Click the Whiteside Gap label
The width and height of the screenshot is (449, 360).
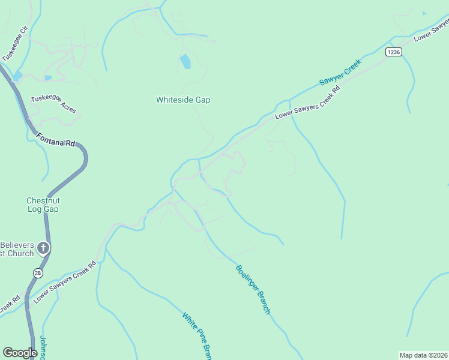point(183,100)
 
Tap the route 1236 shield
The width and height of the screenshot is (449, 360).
point(393,52)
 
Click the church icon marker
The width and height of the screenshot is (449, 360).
point(43,247)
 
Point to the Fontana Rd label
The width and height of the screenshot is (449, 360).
point(55,140)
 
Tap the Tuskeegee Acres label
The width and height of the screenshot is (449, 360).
point(54,104)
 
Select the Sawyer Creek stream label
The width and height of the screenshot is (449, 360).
point(340,71)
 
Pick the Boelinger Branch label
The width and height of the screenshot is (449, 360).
point(253,290)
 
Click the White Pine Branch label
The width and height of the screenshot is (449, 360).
point(197,336)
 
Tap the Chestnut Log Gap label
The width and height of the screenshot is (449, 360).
point(43,205)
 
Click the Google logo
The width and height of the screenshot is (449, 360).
point(20,353)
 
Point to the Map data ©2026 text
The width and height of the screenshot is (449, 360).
point(424,355)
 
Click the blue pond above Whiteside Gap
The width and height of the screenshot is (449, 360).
point(185,61)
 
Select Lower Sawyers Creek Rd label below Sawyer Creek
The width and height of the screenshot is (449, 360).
point(307,103)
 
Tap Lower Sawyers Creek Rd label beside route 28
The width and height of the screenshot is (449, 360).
point(64,282)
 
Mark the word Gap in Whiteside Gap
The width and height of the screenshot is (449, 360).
point(202,100)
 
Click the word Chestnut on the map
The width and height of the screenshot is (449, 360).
point(43,200)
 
